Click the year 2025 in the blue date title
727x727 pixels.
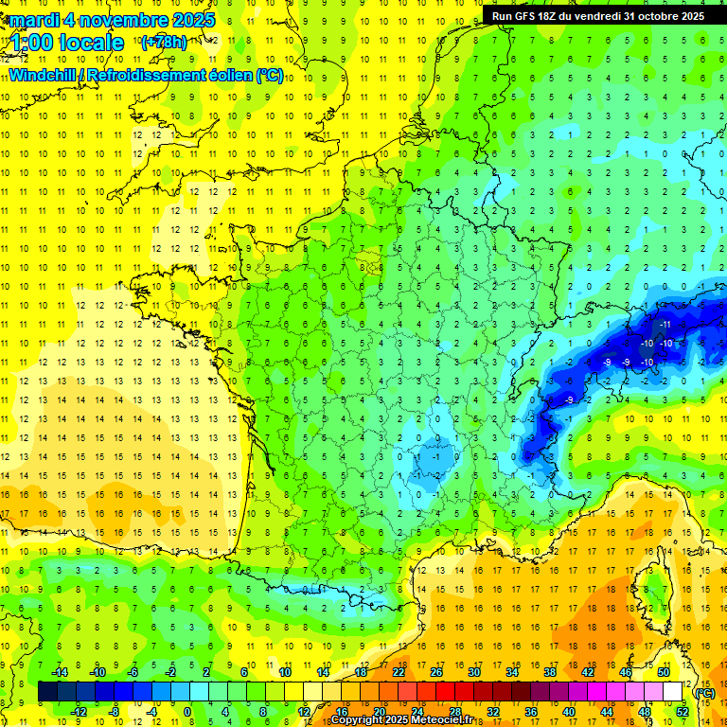coord(188,20)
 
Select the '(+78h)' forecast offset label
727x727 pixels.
coord(164,43)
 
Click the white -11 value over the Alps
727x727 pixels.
coord(665,325)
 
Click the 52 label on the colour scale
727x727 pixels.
coord(682,712)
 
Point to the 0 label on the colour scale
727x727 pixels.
coord(187,712)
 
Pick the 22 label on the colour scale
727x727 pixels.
coord(399,672)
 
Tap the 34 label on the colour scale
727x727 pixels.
coord(511,672)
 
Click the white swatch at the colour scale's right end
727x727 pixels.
coord(673,692)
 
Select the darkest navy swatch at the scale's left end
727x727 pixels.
coord(47,692)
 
